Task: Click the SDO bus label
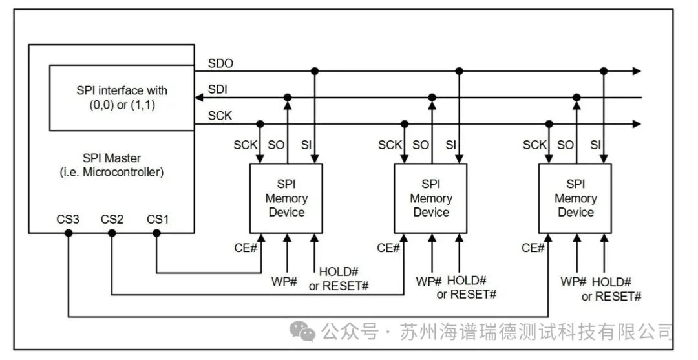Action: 220,63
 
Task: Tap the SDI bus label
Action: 218,89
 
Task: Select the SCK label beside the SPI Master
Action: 220,116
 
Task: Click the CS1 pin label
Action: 158,219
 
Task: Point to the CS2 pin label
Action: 112,219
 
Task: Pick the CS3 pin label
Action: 68,219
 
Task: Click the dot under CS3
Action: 69,233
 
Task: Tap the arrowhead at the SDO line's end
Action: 637,71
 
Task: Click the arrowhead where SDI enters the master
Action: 199,98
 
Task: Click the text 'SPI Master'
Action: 112,158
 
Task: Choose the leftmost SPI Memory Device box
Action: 286,198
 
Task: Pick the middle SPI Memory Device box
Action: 431,198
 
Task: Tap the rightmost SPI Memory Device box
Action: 576,198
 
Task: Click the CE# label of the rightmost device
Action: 533,248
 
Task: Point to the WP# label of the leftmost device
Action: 284,282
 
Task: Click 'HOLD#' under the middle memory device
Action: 467,281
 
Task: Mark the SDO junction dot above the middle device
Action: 460,71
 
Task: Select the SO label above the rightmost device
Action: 566,145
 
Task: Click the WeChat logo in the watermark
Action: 302,331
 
